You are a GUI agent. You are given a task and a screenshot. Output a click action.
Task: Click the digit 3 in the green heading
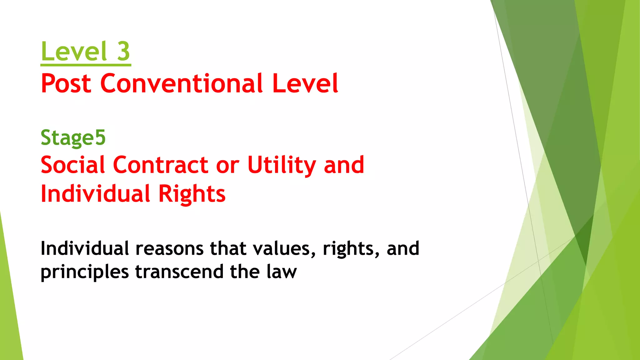tap(123, 52)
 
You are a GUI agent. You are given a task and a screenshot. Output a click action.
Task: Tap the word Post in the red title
tap(66, 83)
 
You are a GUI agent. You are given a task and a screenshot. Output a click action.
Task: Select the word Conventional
tap(181, 83)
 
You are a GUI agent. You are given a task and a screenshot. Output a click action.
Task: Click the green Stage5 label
tap(73, 138)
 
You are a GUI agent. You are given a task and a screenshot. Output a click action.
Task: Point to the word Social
tap(72, 165)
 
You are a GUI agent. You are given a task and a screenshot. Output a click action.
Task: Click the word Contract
tap(160, 165)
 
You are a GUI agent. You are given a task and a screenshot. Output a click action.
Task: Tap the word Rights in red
tap(192, 194)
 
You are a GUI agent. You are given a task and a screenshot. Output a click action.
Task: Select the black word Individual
tap(85, 248)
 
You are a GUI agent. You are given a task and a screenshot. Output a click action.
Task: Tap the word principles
tap(85, 272)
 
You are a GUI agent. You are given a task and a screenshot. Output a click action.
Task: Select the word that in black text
tap(228, 248)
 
